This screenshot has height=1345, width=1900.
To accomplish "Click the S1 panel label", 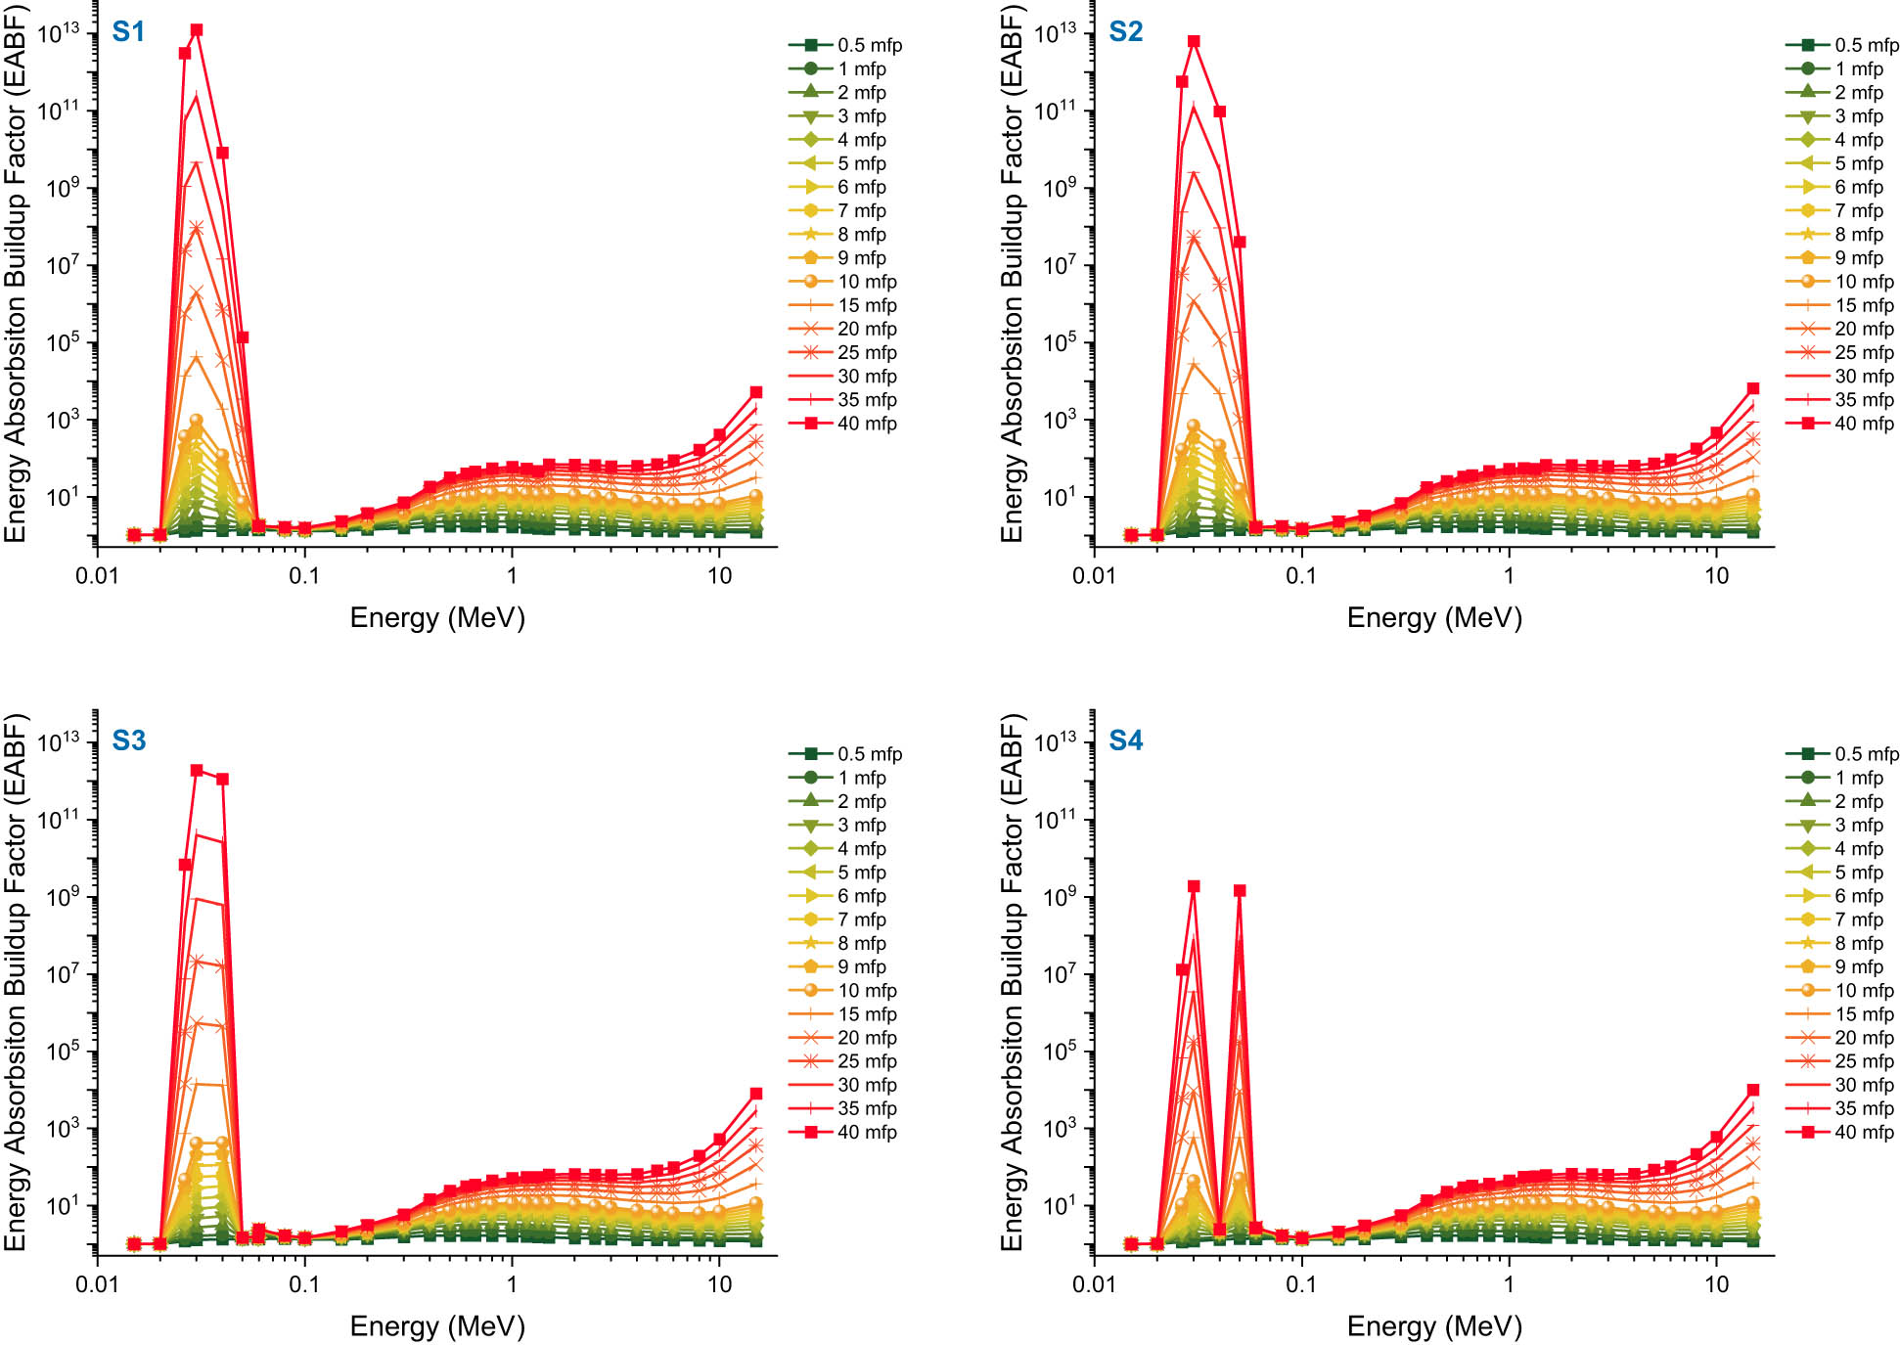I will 128,32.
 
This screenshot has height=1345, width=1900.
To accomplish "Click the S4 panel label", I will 1125,740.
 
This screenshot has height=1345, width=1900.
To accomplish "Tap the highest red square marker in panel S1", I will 197,30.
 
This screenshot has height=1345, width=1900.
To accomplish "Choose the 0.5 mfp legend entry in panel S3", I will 846,754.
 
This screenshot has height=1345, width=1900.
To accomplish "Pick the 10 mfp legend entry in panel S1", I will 845,282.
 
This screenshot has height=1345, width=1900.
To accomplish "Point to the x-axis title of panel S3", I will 437,1325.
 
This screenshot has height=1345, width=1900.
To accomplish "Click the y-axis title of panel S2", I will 1011,274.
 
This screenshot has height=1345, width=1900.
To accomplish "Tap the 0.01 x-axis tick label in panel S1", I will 97,575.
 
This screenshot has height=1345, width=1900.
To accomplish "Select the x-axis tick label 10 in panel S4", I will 1716,1283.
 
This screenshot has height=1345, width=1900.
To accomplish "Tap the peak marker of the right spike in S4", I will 1240,890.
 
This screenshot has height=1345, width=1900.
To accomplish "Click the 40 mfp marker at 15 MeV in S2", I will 1752,388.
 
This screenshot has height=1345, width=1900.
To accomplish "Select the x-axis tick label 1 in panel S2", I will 1508,575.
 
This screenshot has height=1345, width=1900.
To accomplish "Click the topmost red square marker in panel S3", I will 197,770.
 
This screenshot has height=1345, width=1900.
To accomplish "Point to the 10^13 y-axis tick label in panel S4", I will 1056,742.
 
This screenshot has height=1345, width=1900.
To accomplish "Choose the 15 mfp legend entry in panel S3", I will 845,1014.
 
